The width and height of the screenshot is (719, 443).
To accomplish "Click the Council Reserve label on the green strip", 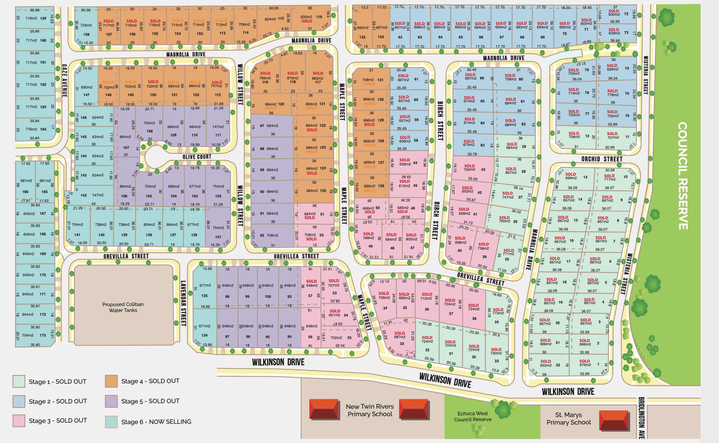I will click(x=683, y=176).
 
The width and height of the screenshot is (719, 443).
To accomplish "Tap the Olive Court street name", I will click(x=197, y=157).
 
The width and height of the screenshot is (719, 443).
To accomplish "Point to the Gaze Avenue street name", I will click(x=64, y=81).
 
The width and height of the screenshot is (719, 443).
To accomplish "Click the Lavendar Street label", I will click(x=183, y=303).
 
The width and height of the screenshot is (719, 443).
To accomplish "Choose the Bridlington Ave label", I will click(x=641, y=418).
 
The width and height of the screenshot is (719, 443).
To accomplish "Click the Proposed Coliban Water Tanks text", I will click(x=123, y=307).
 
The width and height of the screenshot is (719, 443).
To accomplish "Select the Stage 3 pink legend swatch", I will click(x=19, y=421).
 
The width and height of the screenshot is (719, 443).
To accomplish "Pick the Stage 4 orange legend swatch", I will click(x=111, y=381).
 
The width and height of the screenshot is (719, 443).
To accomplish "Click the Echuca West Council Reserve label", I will click(x=472, y=416).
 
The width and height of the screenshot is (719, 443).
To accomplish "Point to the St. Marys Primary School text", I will click(x=569, y=418).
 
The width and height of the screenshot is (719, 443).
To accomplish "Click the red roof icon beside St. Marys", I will click(x=614, y=420).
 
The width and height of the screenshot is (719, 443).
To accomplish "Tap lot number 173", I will click(x=43, y=335).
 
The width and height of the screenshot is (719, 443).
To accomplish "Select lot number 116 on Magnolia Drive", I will click(x=319, y=17).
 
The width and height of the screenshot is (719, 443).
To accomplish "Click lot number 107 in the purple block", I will click(x=126, y=148).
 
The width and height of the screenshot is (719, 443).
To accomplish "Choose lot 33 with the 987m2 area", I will click(x=402, y=344).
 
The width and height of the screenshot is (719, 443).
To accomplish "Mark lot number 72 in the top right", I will click(x=626, y=14).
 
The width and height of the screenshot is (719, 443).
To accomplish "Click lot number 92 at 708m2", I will click(x=262, y=235).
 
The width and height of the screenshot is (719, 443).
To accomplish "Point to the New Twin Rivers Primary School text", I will click(x=370, y=410).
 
